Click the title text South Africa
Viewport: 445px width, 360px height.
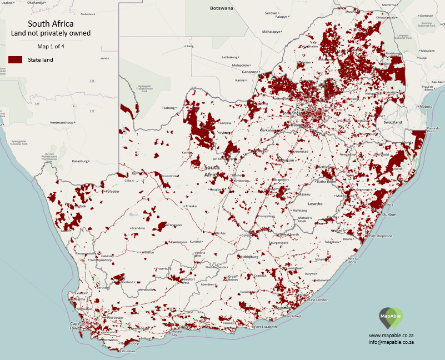pos(51,24)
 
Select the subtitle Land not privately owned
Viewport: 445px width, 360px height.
pos(51,34)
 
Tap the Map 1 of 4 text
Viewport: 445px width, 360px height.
pos(51,46)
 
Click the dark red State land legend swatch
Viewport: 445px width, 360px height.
pos(15,59)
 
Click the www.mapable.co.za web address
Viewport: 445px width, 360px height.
pos(391,336)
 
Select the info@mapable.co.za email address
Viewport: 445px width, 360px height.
pos(391,343)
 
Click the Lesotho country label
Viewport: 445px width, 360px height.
pos(315,204)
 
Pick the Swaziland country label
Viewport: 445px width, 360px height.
pos(392,121)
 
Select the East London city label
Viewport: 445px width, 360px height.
pos(319,300)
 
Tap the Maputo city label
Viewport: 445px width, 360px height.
pos(426,106)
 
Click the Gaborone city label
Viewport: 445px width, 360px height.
pos(250,72)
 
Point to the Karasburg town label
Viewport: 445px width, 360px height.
pos(81,161)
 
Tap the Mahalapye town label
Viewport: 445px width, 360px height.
pos(272,32)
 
